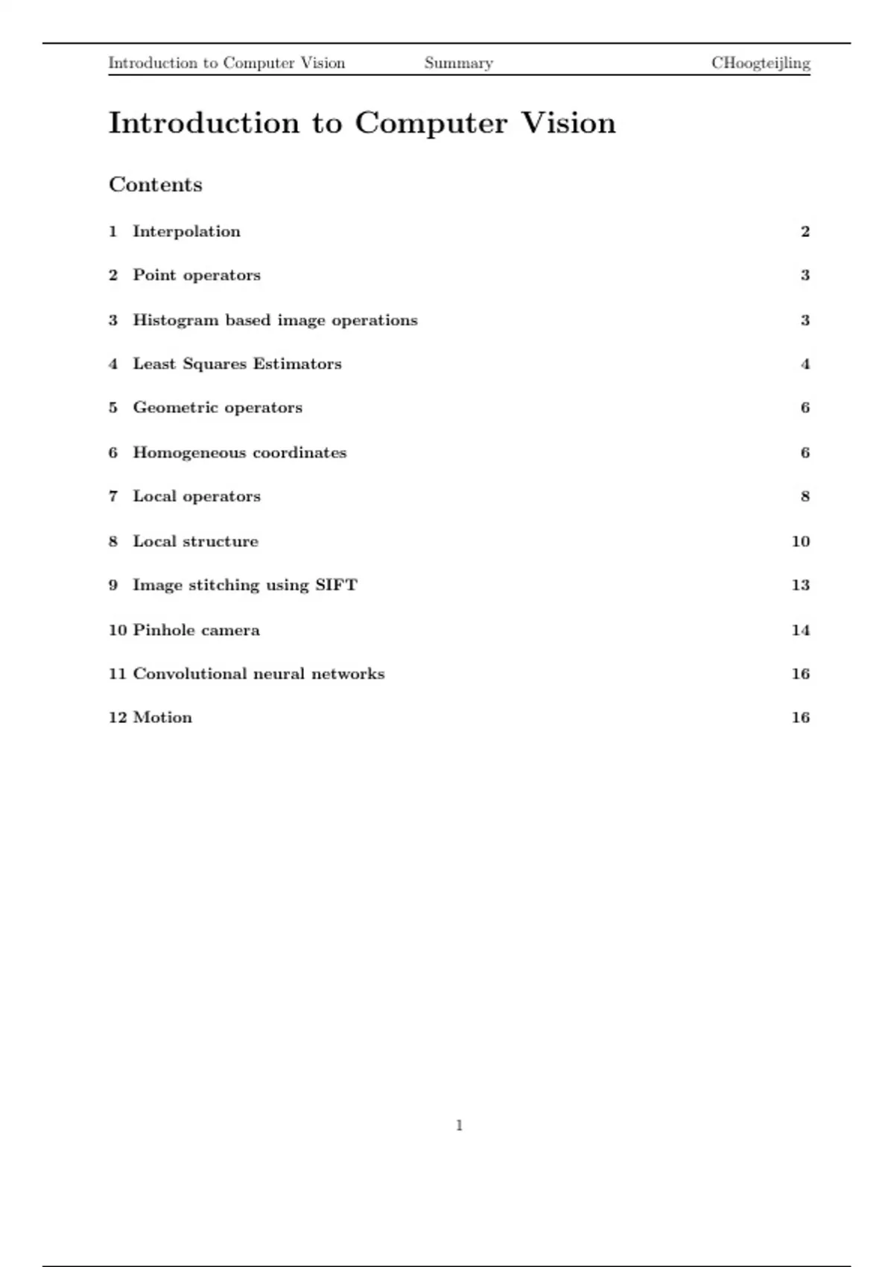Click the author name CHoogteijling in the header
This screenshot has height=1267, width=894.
(x=761, y=63)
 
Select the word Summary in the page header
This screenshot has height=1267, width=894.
(x=458, y=63)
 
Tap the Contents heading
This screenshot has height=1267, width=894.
(x=156, y=185)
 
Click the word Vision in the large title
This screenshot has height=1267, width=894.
(x=568, y=123)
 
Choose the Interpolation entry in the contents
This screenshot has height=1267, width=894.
(x=186, y=232)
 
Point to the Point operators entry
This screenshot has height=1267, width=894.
(x=197, y=275)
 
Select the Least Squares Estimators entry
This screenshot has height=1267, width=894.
(x=237, y=364)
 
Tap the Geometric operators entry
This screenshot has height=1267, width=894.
(x=218, y=408)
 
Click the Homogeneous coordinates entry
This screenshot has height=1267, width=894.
(x=239, y=452)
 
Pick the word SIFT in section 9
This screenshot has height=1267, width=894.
(x=336, y=585)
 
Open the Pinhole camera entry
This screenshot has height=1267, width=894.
(x=196, y=630)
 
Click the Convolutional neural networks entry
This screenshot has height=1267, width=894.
(x=259, y=674)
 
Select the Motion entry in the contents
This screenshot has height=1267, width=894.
(x=162, y=718)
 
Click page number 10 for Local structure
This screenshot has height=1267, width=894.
(x=800, y=541)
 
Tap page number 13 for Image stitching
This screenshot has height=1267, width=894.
(x=800, y=585)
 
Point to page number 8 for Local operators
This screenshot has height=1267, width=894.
(x=805, y=496)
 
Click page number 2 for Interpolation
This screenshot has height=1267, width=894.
(x=805, y=232)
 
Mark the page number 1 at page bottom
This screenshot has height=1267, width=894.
(x=459, y=1125)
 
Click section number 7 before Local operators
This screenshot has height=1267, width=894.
(x=113, y=496)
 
